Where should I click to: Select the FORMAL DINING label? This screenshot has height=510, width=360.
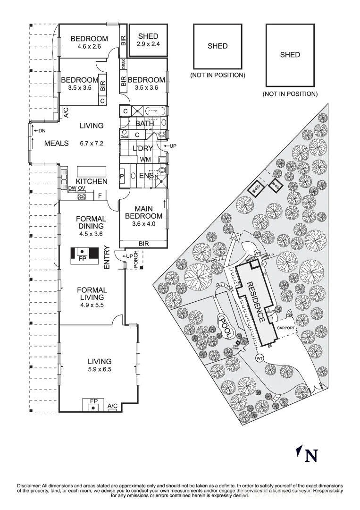point(92,222)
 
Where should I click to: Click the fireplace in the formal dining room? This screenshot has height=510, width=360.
point(83,255)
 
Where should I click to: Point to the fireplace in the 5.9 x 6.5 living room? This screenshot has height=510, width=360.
point(94,405)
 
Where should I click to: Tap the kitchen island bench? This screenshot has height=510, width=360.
point(91,170)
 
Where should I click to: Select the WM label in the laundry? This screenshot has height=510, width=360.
point(145,160)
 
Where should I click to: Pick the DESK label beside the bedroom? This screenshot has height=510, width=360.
point(123,63)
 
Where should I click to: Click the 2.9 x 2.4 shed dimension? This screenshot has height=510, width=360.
point(148,45)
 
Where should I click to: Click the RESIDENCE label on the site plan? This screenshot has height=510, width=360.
point(255,302)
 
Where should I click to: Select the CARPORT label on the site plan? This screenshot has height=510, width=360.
point(286,327)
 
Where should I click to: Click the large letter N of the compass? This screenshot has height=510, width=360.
point(311,456)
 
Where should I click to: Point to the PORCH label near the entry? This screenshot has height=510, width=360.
point(135,263)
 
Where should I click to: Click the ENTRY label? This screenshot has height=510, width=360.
point(106,258)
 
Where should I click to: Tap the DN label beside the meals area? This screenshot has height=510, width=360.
point(42,130)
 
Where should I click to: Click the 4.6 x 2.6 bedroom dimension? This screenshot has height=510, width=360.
point(90,47)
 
